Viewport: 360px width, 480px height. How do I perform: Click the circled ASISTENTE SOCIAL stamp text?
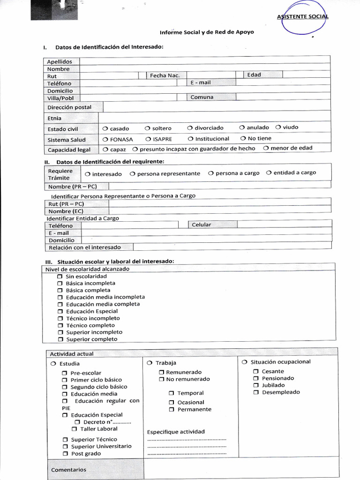(x=302, y=17)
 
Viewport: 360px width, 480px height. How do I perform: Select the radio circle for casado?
(x=105, y=128)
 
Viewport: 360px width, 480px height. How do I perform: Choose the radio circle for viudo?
(x=278, y=127)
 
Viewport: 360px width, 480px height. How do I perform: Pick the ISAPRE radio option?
(x=148, y=139)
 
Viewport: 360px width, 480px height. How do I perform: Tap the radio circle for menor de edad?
(x=266, y=148)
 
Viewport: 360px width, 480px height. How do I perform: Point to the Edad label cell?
(x=254, y=75)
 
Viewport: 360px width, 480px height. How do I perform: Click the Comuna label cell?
(x=202, y=97)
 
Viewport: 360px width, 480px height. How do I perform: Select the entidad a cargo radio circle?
(x=269, y=172)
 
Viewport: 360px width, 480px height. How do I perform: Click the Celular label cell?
(x=202, y=225)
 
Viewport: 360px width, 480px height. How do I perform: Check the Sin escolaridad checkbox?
(x=60, y=277)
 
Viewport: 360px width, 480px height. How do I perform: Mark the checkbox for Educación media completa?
(x=60, y=305)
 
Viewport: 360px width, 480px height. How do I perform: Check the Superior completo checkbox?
(x=60, y=339)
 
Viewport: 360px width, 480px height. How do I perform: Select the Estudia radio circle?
(x=53, y=364)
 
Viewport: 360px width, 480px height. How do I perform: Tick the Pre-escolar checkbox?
(x=64, y=373)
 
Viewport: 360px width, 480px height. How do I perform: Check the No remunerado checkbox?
(x=161, y=379)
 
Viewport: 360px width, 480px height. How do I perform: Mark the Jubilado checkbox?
(x=256, y=385)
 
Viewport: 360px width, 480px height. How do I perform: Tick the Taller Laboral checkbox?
(x=74, y=429)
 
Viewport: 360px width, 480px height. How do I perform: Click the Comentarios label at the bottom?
(x=68, y=469)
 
